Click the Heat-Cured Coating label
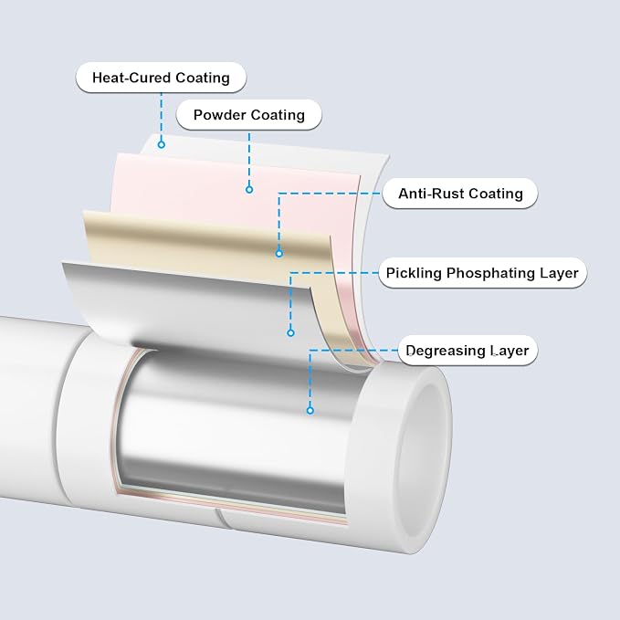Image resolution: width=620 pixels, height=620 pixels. click(x=161, y=78)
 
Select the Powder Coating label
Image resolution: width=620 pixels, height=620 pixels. click(x=248, y=115)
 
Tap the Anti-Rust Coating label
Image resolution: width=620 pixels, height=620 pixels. click(x=460, y=194)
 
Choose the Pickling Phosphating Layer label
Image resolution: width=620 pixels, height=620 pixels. click(x=482, y=273)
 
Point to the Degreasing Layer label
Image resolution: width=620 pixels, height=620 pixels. click(x=468, y=351)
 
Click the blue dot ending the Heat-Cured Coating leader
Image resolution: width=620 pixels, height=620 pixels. click(x=161, y=144)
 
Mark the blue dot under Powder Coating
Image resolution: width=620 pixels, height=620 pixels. click(x=249, y=189)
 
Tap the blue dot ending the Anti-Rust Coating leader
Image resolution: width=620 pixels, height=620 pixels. click(x=279, y=254)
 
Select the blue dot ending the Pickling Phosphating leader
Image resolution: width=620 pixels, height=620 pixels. click(x=290, y=333)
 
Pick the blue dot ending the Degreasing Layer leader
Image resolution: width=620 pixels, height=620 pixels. click(x=310, y=410)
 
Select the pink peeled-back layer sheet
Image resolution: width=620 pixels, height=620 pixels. click(x=237, y=198)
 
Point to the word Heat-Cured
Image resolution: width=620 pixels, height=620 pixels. click(x=131, y=78)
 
